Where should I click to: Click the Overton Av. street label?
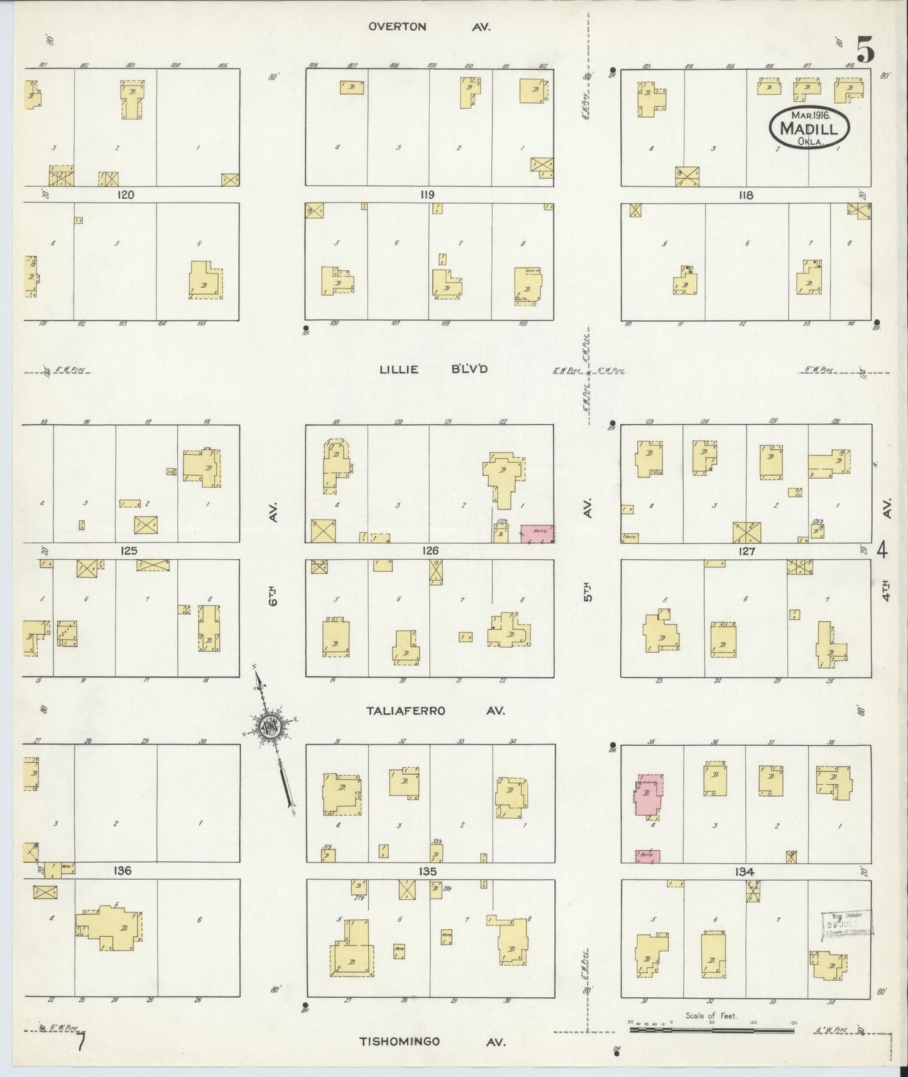click(x=429, y=27)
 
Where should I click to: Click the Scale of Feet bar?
click(x=712, y=1030)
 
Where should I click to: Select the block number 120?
click(x=126, y=195)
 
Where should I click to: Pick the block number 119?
click(x=427, y=195)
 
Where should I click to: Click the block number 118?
click(x=745, y=195)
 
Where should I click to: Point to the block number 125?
click(x=128, y=551)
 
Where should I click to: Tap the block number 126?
click(x=430, y=551)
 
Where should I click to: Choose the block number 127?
click(x=747, y=551)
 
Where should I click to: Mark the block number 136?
click(x=123, y=870)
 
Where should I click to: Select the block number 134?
click(x=743, y=872)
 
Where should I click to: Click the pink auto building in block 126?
click(x=537, y=533)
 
